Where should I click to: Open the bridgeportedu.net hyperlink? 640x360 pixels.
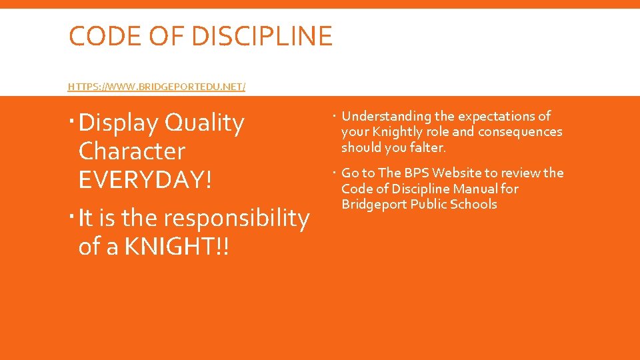157,87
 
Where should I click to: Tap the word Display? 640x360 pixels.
118,123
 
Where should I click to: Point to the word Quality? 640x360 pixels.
205,123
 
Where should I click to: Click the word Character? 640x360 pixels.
131,151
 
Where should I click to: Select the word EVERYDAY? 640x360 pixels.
145,179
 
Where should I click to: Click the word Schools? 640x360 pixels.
472,204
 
